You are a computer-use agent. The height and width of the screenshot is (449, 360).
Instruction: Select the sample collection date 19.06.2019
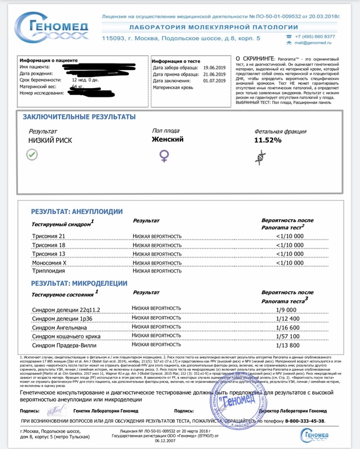214,68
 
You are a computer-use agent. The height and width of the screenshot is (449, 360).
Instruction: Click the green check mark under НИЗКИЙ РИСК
32,155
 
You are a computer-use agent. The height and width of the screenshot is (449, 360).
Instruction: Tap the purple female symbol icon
165,156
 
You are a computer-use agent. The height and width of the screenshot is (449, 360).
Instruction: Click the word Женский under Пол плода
167,140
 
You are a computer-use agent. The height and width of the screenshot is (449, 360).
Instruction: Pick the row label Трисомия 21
48,237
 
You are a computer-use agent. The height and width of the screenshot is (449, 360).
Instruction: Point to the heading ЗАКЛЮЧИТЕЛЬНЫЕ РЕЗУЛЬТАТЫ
75,117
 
